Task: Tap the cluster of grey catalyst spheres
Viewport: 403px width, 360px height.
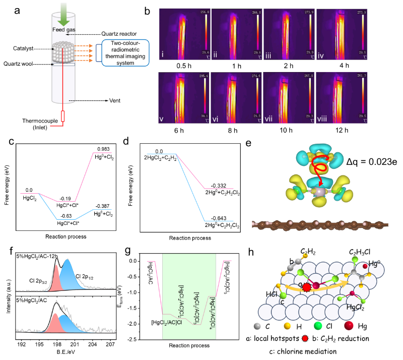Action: click(x=63, y=52)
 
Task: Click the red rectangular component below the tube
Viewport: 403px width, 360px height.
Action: click(x=63, y=116)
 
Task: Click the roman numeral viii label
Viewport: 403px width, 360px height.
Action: click(x=322, y=119)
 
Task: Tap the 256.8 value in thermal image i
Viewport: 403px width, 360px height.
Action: click(x=204, y=12)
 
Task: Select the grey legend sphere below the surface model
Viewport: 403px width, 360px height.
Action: click(x=257, y=326)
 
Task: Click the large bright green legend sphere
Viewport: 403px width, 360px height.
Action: click(x=318, y=326)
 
